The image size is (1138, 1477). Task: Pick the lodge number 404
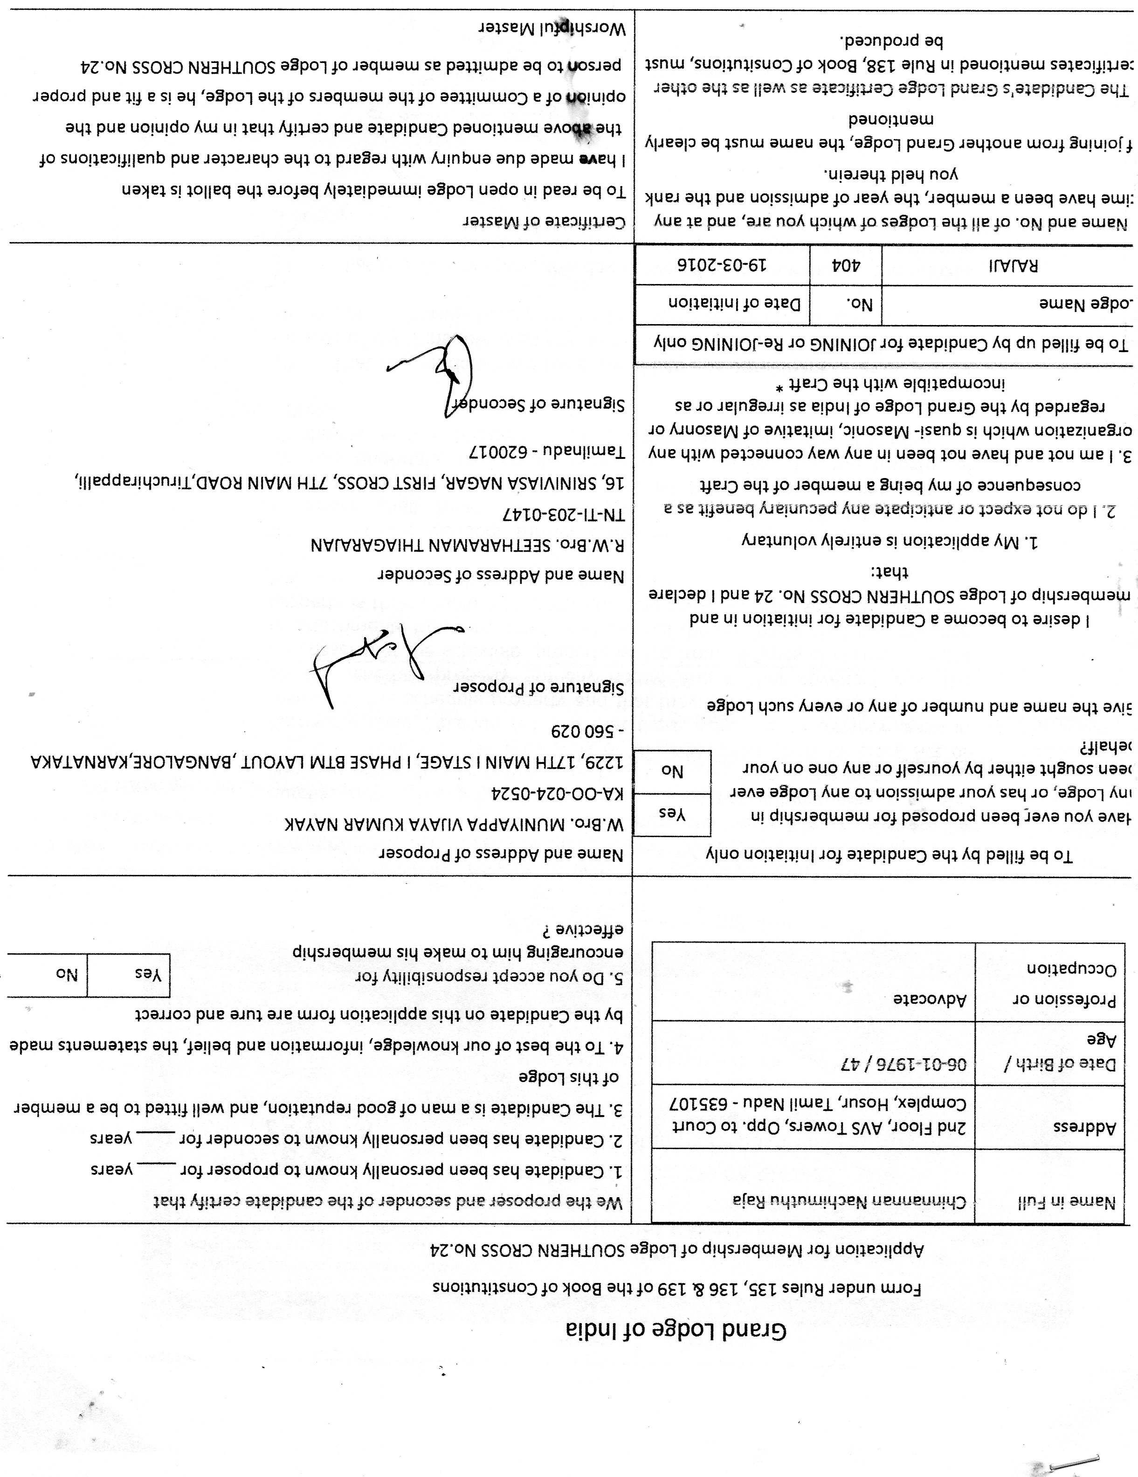point(845,265)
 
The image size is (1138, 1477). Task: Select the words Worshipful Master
point(552,28)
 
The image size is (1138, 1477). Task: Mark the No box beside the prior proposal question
point(672,771)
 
